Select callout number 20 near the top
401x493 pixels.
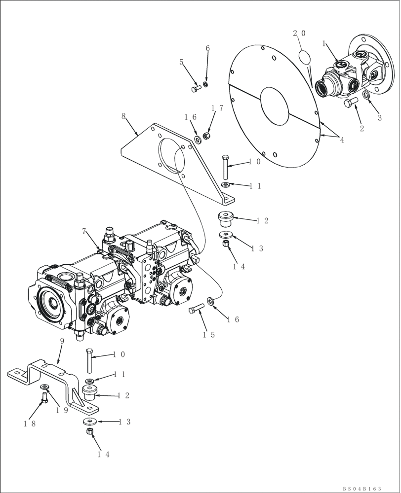coord(299,34)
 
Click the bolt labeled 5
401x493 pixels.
coord(195,89)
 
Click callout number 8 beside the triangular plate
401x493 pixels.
coord(123,117)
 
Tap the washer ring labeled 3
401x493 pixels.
coord(366,95)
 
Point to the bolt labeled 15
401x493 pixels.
coord(196,309)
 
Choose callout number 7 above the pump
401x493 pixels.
coord(84,231)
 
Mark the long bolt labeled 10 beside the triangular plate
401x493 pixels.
coord(226,168)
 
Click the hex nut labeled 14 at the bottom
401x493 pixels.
coord(89,432)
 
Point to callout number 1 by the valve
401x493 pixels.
coord(324,43)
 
